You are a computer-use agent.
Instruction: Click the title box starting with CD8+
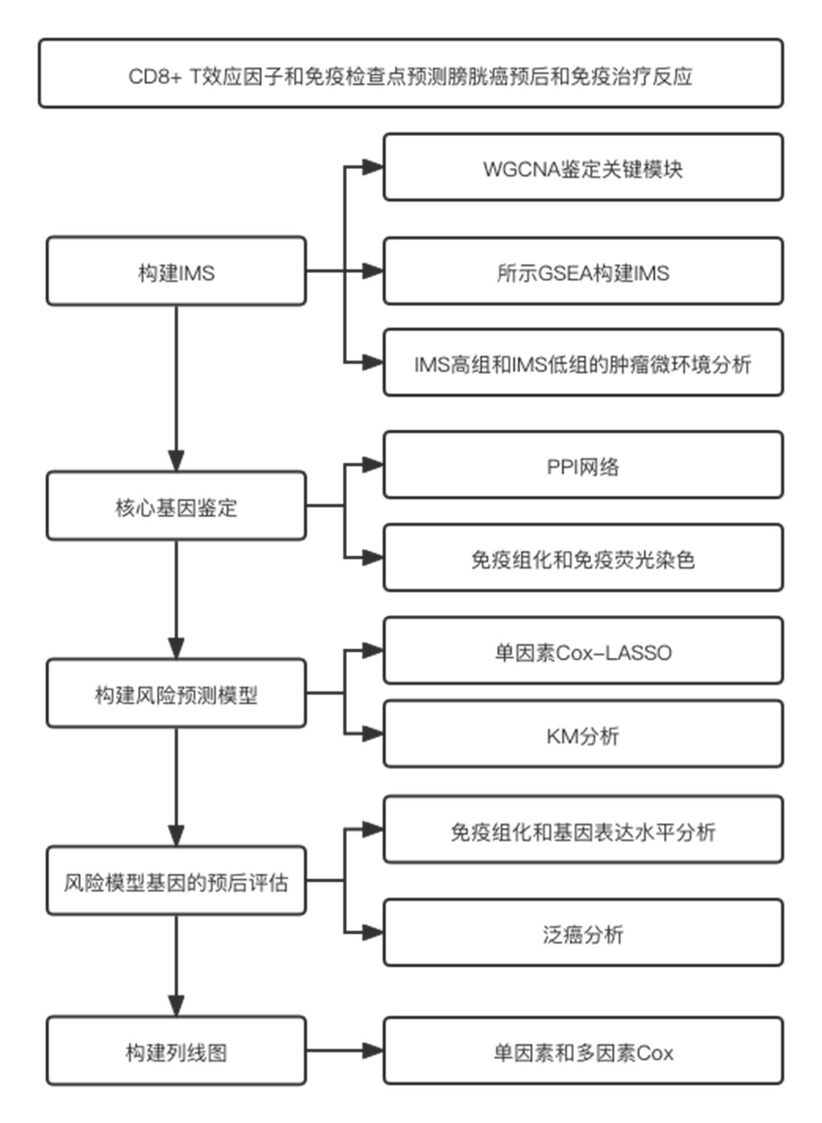coord(411,73)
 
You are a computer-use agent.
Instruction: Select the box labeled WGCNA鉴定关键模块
coord(583,167)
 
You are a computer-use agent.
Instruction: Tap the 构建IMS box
coord(176,271)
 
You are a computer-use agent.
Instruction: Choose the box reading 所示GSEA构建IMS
coord(583,271)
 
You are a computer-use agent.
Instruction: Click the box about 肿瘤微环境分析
coord(583,362)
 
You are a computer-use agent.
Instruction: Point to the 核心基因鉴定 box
coord(176,505)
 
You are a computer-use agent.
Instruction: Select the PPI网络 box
coord(583,465)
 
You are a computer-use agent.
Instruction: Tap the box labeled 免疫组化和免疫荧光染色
coord(583,558)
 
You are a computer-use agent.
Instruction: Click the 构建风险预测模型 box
coord(176,693)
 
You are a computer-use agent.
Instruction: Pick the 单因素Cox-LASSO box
coord(583,650)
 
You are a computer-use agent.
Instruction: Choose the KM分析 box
coord(583,734)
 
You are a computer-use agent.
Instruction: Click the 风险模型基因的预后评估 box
coord(176,881)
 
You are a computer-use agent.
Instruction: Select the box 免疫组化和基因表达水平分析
coord(583,829)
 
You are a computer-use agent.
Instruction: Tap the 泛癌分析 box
coord(583,933)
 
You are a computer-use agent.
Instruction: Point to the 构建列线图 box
coord(176,1051)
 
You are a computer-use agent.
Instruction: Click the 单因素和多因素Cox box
coord(583,1051)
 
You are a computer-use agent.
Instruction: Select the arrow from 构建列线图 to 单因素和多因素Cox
coord(345,1051)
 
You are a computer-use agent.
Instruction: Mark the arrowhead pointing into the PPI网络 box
coord(373,465)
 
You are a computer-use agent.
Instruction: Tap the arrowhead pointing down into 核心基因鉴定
coord(176,461)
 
